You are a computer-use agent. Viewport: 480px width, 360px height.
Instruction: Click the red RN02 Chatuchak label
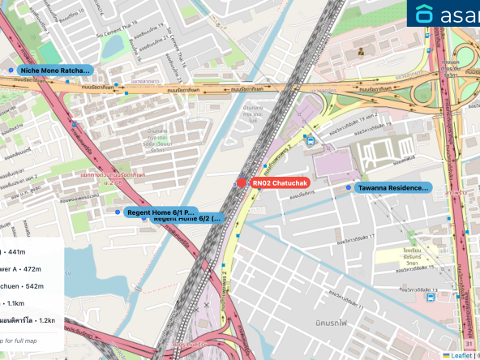click(x=279, y=183)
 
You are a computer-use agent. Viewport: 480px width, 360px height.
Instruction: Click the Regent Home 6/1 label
click(x=161, y=212)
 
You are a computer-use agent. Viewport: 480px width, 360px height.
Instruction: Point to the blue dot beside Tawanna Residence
click(x=349, y=188)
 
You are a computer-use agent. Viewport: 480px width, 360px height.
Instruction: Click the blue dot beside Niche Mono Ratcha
click(x=11, y=71)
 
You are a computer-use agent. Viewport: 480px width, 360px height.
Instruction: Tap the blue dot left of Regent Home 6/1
click(x=118, y=212)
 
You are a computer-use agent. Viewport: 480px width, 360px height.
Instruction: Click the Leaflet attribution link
click(x=461, y=355)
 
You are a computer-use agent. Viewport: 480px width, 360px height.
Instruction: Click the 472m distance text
click(x=20, y=268)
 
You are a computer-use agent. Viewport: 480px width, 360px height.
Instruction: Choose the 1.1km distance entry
click(x=17, y=304)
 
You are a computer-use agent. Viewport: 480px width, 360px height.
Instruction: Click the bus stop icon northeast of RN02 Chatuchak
click(x=310, y=140)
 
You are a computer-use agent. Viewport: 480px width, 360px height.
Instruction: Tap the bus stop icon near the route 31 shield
click(x=430, y=297)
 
